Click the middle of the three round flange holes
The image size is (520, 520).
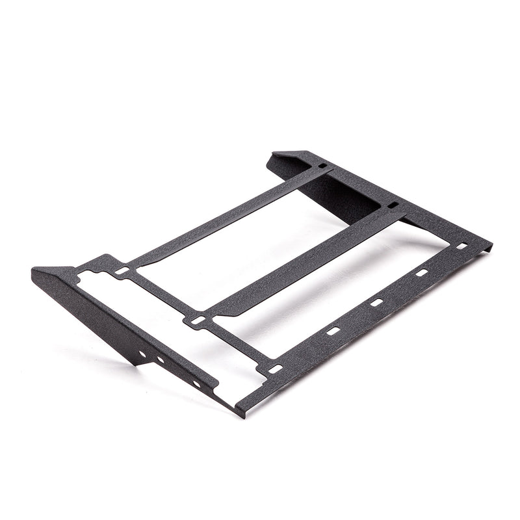(x=161, y=359)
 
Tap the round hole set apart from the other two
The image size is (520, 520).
(x=196, y=383)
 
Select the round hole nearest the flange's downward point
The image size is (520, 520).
(x=142, y=354)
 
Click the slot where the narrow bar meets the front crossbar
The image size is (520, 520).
(x=122, y=270)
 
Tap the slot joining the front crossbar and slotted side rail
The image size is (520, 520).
(x=275, y=369)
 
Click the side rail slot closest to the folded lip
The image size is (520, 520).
(x=462, y=246)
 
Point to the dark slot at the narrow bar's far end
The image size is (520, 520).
(x=322, y=166)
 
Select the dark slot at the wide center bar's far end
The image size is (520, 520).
(x=393, y=205)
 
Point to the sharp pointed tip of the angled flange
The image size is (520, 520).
(x=34, y=270)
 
